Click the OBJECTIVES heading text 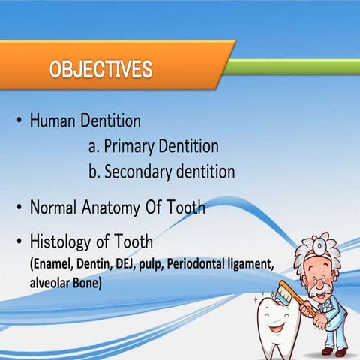click(x=100, y=70)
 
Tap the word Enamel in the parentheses click(x=53, y=265)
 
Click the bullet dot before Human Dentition click(x=18, y=121)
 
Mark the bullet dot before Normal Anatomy click(x=18, y=208)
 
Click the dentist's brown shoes click(x=334, y=350)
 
